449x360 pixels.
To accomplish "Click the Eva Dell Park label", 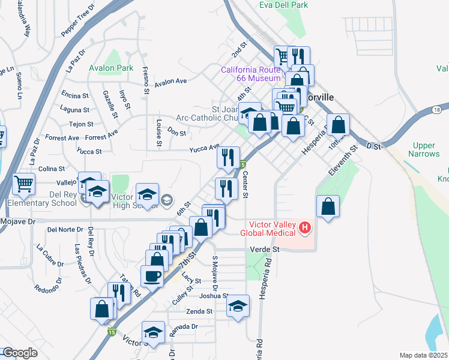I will (x=283, y=5).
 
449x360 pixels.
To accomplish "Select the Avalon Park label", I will (x=111, y=68).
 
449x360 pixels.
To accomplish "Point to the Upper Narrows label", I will (x=426, y=150).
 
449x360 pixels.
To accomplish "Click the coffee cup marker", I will (x=152, y=277).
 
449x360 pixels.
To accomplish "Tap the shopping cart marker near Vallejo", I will (x=23, y=184).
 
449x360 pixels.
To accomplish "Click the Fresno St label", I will (x=145, y=81).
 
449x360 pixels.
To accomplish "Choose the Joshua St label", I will (x=213, y=295).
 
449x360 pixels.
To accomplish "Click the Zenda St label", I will (x=199, y=311).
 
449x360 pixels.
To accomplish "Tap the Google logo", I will (x=19, y=353).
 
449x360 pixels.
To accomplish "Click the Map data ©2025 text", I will (x=423, y=355).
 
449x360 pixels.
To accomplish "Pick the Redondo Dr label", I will (x=49, y=287).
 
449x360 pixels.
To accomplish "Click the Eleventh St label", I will (x=342, y=160).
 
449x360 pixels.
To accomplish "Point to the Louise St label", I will (x=159, y=133).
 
